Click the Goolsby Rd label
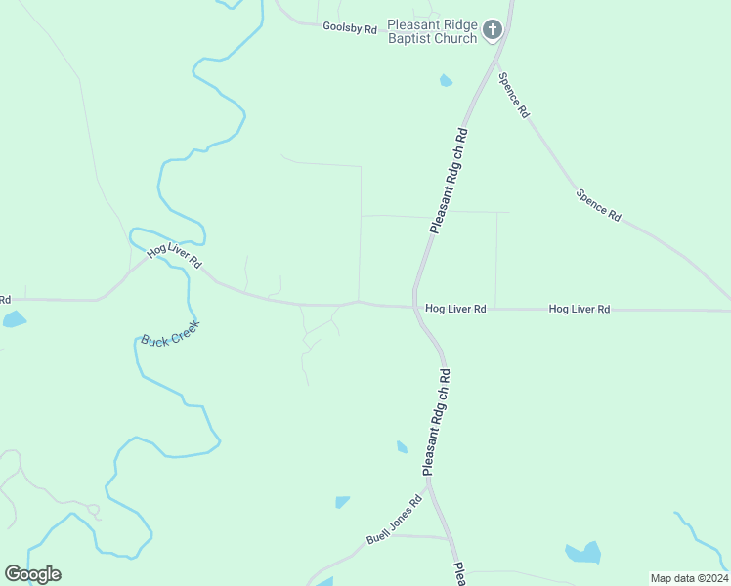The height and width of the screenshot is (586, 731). point(350,28)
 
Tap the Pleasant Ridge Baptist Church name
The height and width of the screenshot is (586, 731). point(432,31)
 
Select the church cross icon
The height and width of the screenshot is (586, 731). point(493,29)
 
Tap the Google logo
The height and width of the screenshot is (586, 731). point(32,574)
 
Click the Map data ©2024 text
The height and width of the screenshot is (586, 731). point(689,578)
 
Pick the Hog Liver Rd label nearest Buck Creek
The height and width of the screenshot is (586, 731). point(174,257)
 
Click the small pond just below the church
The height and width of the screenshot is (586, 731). point(446,81)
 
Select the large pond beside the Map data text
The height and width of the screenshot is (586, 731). point(584,553)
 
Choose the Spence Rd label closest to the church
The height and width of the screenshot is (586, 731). point(513,96)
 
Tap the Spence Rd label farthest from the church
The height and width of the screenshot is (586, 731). point(598,204)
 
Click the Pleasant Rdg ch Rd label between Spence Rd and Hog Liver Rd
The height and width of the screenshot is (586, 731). point(450,181)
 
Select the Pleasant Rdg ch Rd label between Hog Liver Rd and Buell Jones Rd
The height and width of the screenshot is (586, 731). point(436,422)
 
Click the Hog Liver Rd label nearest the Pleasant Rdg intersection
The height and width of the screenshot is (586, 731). point(455,309)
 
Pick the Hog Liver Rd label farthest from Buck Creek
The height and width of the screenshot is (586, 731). point(580,309)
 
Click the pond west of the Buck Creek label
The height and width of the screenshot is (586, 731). point(14,319)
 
